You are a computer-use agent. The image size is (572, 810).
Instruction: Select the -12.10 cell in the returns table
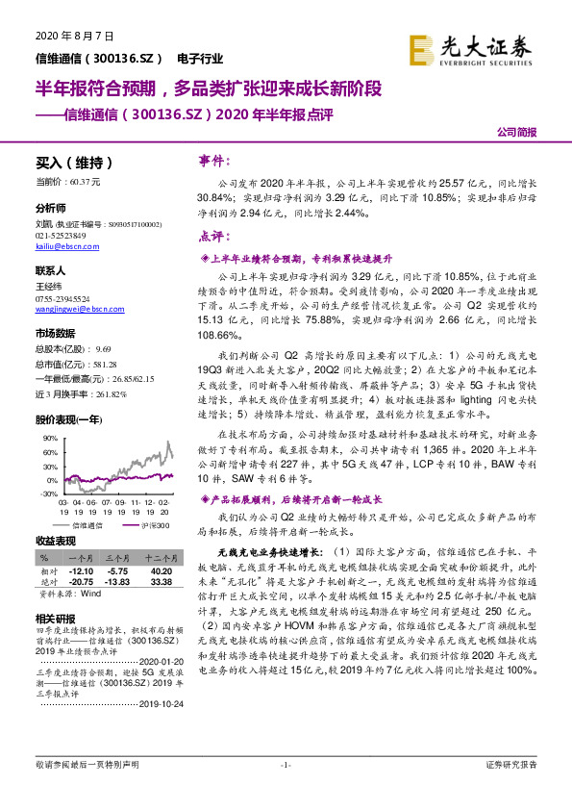pos(82,570)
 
